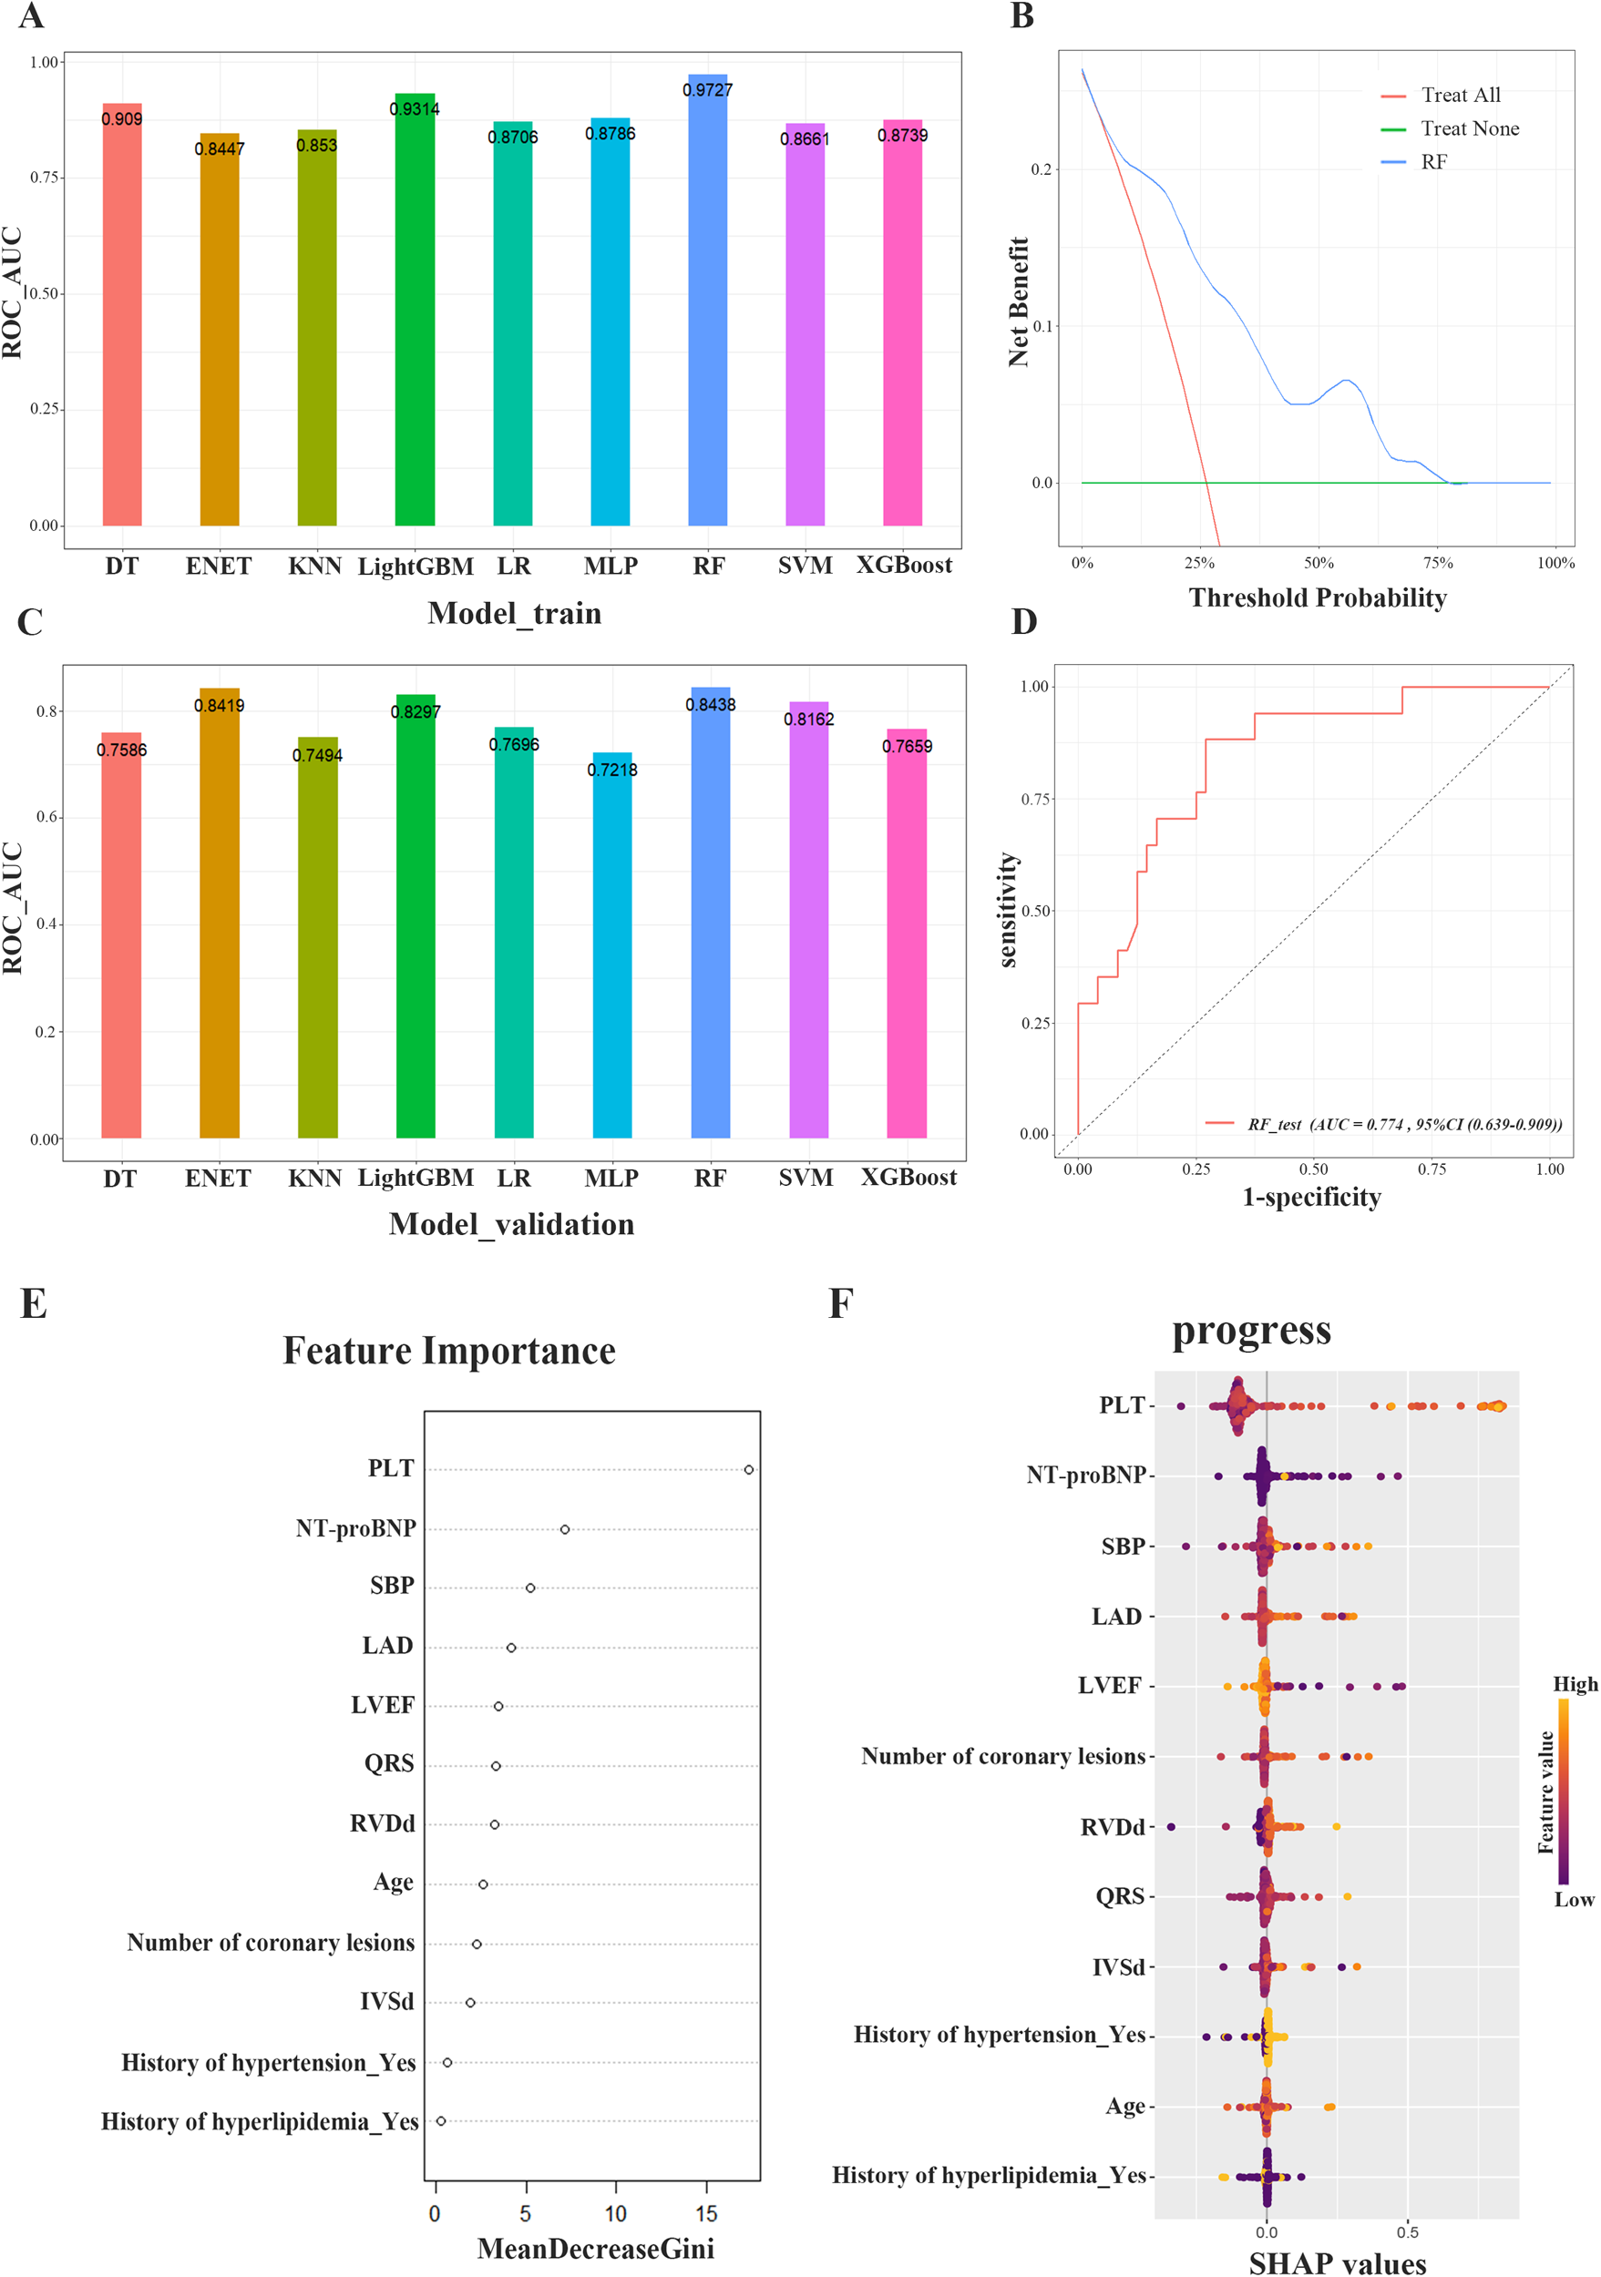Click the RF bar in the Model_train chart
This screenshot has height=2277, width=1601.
707,308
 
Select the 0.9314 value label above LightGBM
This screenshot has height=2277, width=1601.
415,109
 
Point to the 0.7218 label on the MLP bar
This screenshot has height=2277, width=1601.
612,770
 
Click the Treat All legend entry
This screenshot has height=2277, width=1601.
1459,96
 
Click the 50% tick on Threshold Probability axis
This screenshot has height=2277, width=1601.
1319,562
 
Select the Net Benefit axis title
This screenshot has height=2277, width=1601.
1019,302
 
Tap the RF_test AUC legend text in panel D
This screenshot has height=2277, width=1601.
1403,1124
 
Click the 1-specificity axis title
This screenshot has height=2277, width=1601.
1310,1197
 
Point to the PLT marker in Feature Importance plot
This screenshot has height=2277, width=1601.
749,1470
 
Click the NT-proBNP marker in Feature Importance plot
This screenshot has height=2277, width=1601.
564,1529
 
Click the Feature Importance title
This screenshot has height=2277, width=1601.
448,1351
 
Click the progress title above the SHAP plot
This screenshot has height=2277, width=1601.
1251,1330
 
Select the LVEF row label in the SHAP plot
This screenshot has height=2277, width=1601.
1109,1686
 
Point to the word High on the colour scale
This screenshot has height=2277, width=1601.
1575,1684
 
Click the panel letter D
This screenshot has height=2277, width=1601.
1023,622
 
